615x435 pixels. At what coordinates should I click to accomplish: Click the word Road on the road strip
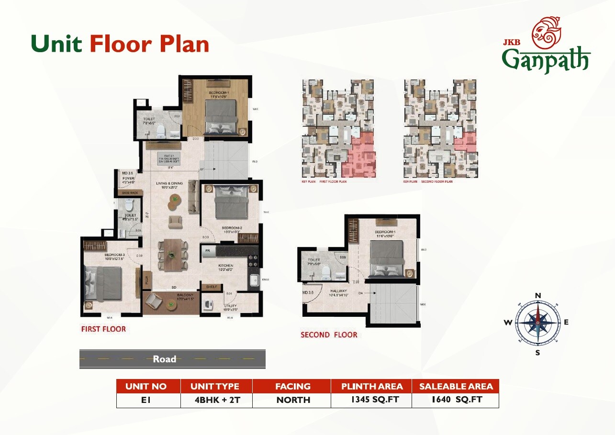pyautogui.click(x=164, y=359)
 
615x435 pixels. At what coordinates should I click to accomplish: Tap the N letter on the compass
pyautogui.click(x=537, y=296)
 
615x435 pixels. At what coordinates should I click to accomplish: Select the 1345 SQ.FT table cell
pyautogui.click(x=371, y=400)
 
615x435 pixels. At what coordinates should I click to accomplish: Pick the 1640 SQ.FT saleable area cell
pyautogui.click(x=455, y=400)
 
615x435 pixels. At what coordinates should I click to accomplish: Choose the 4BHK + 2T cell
pyautogui.click(x=214, y=400)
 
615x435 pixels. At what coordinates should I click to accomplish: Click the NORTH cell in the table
pyautogui.click(x=293, y=400)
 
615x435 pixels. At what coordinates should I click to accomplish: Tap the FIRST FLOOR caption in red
pyautogui.click(x=103, y=329)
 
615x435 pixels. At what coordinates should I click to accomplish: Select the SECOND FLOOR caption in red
pyautogui.click(x=329, y=335)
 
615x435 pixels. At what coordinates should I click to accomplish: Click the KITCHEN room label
pyautogui.click(x=225, y=266)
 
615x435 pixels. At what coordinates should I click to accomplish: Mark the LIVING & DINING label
pyautogui.click(x=169, y=183)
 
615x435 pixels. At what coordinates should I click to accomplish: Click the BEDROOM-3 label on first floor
pyautogui.click(x=114, y=255)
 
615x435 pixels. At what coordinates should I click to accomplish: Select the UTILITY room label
pyautogui.click(x=230, y=306)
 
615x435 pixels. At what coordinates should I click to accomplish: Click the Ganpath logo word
pyautogui.click(x=546, y=60)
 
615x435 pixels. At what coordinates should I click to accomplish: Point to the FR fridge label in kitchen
pyautogui.click(x=208, y=250)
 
